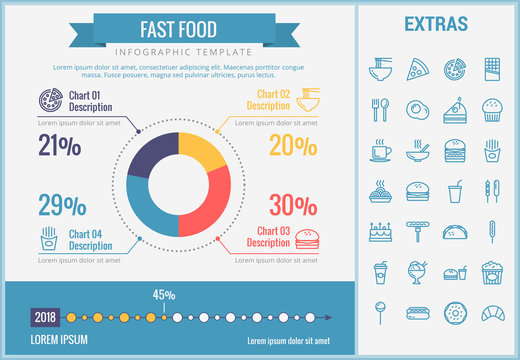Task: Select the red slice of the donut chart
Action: [212, 205]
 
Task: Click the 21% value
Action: [60, 146]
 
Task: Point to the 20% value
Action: [294, 146]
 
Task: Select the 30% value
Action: [294, 205]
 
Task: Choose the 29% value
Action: [60, 206]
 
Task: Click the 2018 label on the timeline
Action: [45, 318]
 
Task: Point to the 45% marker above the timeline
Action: [164, 295]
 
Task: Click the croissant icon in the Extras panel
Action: [492, 314]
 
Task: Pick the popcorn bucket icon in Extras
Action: [492, 272]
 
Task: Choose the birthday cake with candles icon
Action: [380, 231]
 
